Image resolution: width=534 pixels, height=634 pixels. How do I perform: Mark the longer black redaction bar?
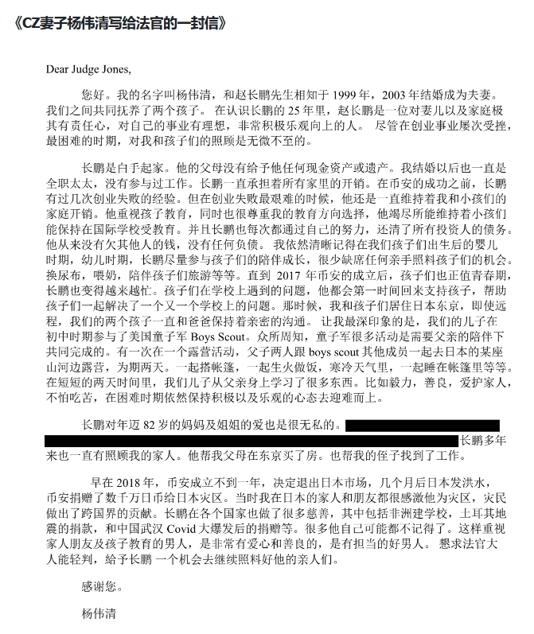[x=251, y=440]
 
